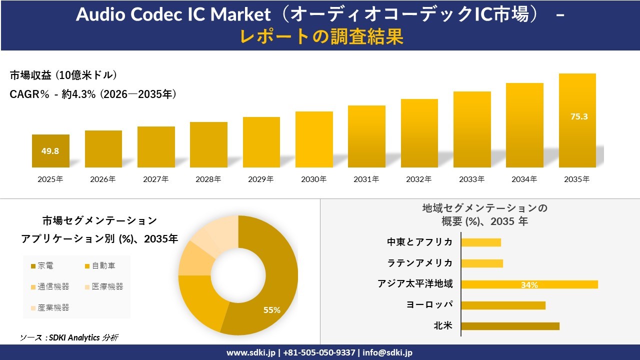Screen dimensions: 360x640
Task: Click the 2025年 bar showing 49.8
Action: (x=50, y=150)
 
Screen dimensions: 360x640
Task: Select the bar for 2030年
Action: (x=314, y=139)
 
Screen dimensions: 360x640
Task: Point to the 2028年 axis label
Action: (x=208, y=179)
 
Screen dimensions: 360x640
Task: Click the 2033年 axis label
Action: (x=472, y=179)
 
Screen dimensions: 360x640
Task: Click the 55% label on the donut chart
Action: (x=272, y=310)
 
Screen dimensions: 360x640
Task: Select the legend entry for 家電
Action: (x=42, y=265)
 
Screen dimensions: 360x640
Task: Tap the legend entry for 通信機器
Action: (x=50, y=286)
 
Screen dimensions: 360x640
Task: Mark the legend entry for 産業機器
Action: (x=50, y=307)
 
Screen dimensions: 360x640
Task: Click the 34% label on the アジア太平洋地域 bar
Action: (x=529, y=285)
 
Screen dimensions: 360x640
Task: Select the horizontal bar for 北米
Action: (x=510, y=326)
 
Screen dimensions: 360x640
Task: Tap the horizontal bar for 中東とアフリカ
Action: (x=481, y=242)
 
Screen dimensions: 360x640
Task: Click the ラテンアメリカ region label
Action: (x=420, y=263)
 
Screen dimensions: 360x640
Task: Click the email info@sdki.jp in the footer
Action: (x=387, y=352)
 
